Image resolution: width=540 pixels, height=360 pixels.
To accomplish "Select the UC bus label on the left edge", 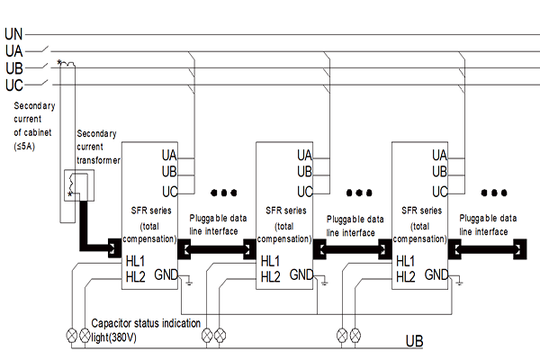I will point(13,85).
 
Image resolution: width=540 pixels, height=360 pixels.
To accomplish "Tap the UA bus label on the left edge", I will point(13,51).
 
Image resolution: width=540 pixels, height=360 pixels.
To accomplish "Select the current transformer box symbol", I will point(73,186).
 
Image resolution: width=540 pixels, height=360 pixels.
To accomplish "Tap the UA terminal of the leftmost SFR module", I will point(169,155).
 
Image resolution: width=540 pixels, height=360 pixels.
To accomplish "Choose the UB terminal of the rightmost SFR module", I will point(440,171).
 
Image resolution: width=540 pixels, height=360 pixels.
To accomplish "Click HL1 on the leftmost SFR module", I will point(136,261).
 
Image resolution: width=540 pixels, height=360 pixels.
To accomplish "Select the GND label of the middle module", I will point(301,274).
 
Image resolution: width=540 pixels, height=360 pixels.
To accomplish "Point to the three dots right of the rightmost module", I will point(495,192).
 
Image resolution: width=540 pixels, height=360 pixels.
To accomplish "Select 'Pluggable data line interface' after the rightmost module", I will point(487,224).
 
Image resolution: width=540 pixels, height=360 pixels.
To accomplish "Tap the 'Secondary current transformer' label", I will point(97,146).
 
